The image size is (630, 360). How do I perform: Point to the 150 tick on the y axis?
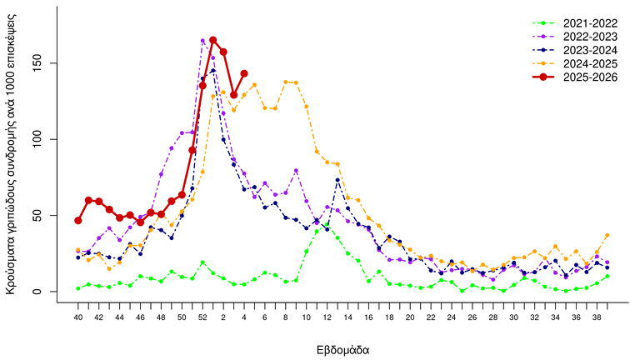tap(52, 63)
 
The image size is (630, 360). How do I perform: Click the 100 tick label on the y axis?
tap(52, 139)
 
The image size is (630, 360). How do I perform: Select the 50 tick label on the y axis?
tap(52, 215)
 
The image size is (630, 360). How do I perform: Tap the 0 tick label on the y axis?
tap(52, 292)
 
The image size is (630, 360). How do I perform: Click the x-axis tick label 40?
tap(78, 319)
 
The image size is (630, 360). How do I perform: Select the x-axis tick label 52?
tap(202, 319)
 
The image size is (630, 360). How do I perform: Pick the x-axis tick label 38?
tap(597, 319)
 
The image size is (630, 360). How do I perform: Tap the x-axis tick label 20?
tap(410, 319)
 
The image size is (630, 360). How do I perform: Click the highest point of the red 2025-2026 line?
tap(213, 40)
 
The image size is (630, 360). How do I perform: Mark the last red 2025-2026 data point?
tap(244, 73)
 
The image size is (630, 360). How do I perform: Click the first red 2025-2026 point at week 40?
tap(78, 221)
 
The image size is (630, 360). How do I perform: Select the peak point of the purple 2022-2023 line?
tap(202, 40)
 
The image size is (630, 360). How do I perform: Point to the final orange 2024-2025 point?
tap(607, 235)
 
